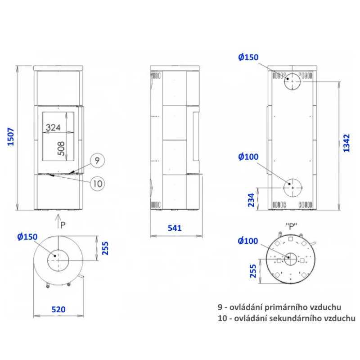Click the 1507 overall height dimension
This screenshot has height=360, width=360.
[x=11, y=137]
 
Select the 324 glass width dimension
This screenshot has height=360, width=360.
[x=53, y=127]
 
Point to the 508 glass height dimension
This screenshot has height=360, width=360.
[x=61, y=149]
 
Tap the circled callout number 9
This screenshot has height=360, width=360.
[x=97, y=161]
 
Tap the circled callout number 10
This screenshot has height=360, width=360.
[x=98, y=184]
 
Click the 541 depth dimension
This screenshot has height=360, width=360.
[x=175, y=228]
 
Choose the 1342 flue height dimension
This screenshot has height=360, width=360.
[x=346, y=143]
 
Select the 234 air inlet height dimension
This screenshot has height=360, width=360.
[x=252, y=200]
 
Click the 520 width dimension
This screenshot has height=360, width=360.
[x=58, y=310]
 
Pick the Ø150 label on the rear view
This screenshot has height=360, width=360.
[x=248, y=57]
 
